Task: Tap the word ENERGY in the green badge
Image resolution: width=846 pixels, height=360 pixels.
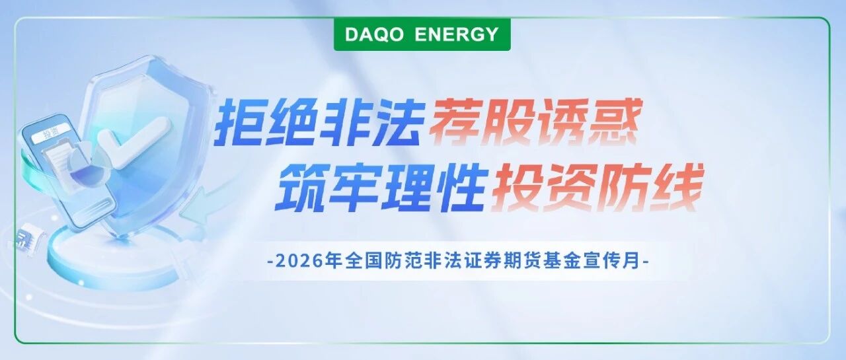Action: point(457,35)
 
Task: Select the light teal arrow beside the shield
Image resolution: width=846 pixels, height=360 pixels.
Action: point(196,207)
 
